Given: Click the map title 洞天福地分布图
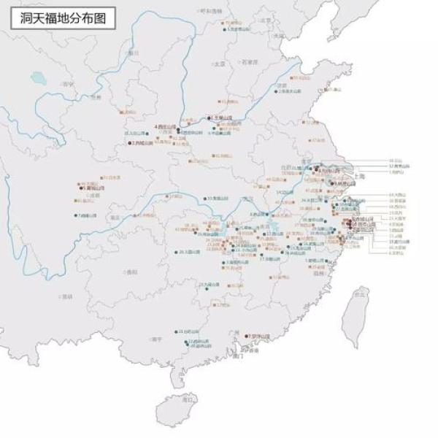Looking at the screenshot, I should (x=63, y=18).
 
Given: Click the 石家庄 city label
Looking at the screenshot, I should (x=250, y=62).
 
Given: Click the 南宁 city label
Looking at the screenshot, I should (x=156, y=339).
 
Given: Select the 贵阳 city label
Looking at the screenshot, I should (x=131, y=272).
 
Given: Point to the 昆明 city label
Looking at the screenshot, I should (x=67, y=296).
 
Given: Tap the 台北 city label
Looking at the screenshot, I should (x=358, y=293).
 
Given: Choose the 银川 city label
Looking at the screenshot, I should (x=133, y=53).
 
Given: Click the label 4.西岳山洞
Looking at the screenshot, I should (x=166, y=126).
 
